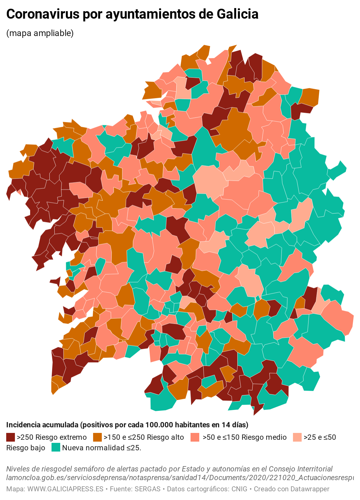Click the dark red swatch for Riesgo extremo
point(11,437)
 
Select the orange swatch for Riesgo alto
point(97,437)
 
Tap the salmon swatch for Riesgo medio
point(195,437)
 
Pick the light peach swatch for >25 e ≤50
point(297,437)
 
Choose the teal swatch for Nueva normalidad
point(56,448)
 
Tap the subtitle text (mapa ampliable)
point(40,33)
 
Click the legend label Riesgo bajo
point(26,448)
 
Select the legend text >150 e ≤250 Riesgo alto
point(144,437)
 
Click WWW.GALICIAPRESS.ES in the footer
point(65,489)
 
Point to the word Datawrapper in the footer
point(309,489)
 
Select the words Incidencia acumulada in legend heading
point(42,425)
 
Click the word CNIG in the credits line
point(239,489)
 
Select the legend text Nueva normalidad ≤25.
point(101,448)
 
